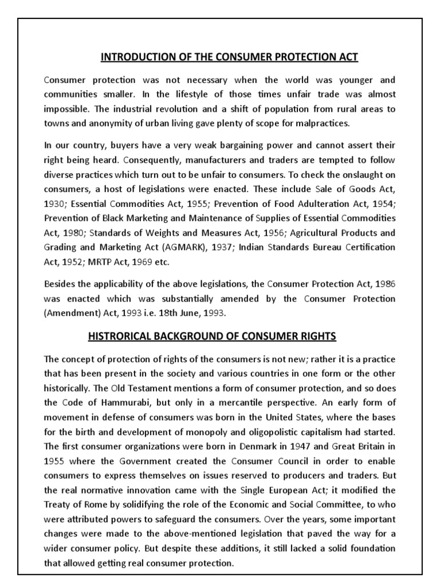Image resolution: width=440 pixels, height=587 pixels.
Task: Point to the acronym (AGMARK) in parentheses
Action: point(195,247)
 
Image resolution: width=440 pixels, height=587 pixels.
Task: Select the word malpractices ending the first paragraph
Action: point(328,123)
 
